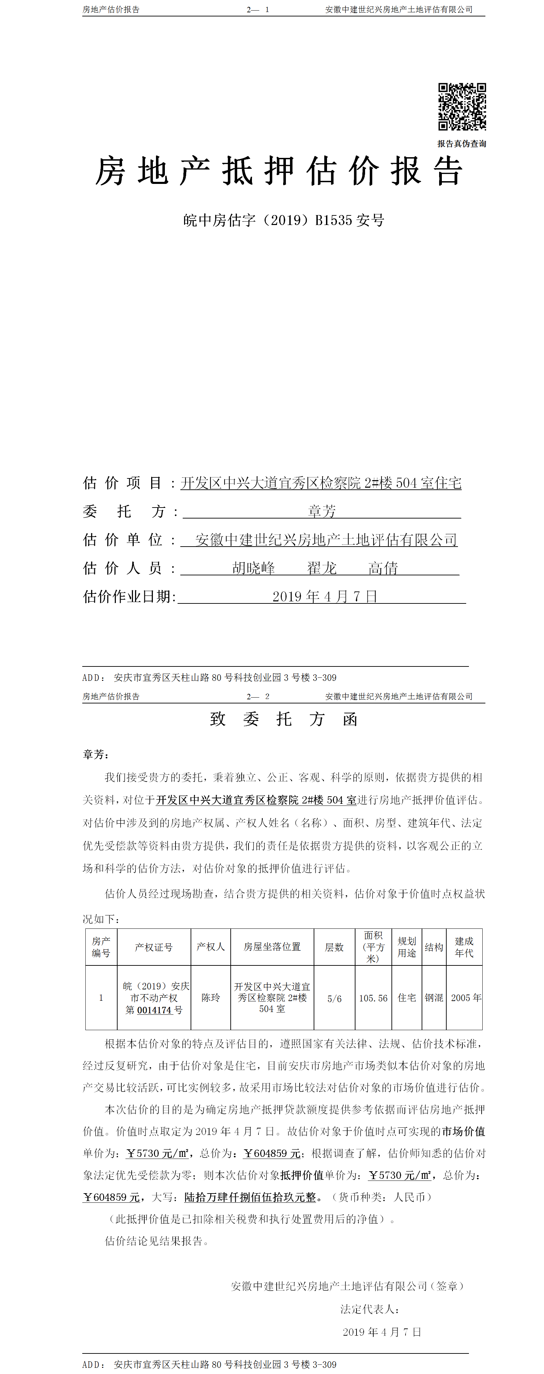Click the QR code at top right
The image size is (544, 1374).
[x=462, y=106]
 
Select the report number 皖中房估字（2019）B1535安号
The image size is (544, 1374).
[x=283, y=220]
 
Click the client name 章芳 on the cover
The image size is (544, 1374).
[x=322, y=511]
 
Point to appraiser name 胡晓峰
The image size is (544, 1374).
[x=254, y=568]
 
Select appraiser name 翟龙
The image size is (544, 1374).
[x=322, y=568]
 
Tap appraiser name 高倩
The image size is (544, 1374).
[x=383, y=568]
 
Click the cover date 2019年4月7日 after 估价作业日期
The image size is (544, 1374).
[x=325, y=596]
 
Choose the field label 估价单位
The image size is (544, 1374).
[x=123, y=540]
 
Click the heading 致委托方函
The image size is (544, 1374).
[x=283, y=719]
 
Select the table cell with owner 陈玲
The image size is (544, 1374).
[x=210, y=997]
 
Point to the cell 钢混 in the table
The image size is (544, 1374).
[x=434, y=997]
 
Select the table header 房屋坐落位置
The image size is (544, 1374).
[x=272, y=947]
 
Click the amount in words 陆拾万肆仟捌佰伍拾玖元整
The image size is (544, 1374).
[x=250, y=1197]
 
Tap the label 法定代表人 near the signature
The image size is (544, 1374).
[x=370, y=1309]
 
